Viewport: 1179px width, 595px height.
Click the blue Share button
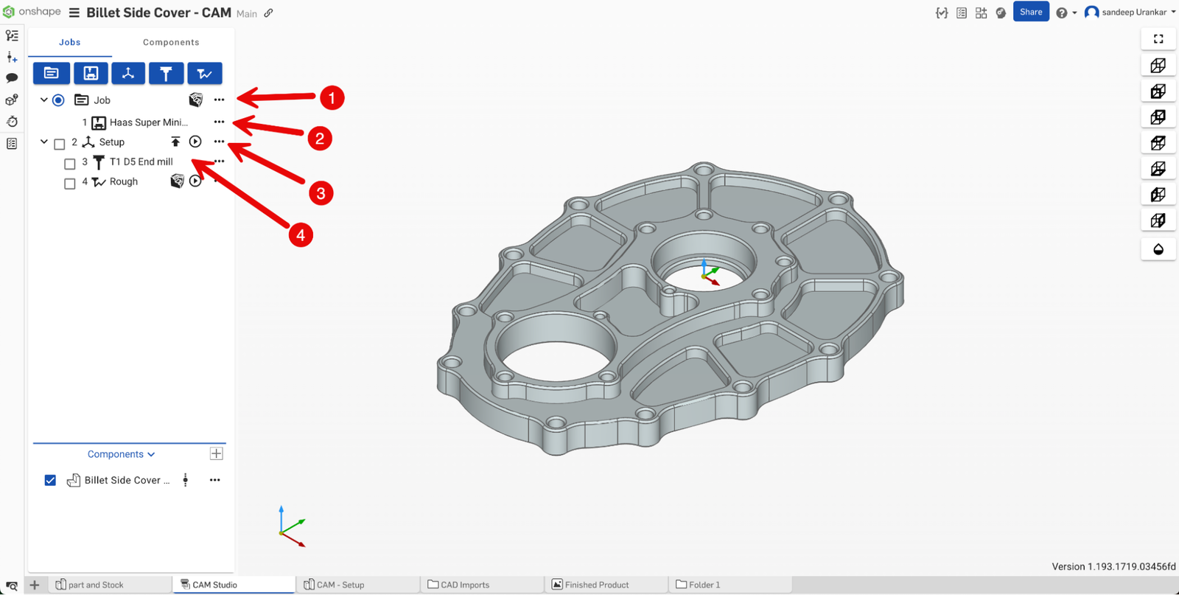click(1030, 12)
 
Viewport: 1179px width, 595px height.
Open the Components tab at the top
click(171, 42)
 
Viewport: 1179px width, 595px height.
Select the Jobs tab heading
click(70, 42)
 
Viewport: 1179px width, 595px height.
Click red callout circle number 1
click(332, 98)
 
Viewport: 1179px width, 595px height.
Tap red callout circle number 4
click(300, 235)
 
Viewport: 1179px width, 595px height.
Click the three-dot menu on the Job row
click(219, 100)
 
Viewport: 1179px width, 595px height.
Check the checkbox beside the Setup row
click(60, 144)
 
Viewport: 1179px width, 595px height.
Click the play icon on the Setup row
click(195, 142)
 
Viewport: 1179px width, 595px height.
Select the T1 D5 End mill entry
click(141, 161)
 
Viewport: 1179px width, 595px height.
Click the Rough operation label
click(124, 181)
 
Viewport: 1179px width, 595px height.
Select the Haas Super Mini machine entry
click(148, 122)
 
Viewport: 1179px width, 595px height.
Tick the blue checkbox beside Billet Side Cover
click(50, 480)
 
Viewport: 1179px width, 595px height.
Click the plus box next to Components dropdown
click(217, 453)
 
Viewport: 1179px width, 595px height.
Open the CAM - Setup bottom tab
click(340, 585)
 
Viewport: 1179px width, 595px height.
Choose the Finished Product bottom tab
click(596, 585)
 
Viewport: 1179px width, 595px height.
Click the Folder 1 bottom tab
click(704, 585)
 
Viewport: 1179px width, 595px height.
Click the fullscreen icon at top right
click(1158, 39)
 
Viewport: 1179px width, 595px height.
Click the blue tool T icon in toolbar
click(166, 73)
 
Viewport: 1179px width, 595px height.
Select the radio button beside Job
click(58, 100)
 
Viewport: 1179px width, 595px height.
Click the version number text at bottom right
click(1113, 566)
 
